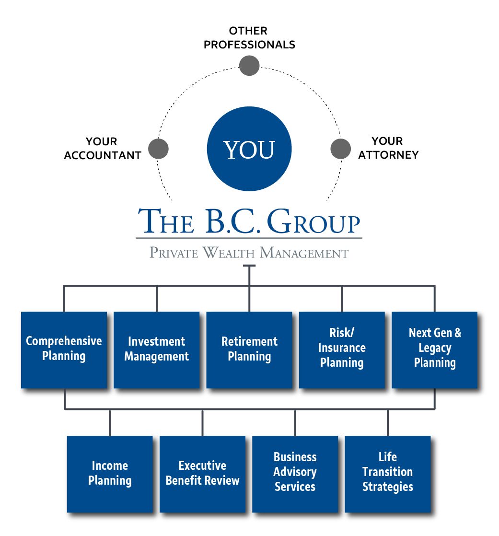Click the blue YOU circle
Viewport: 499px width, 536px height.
point(249,149)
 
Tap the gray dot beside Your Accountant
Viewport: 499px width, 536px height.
point(158,149)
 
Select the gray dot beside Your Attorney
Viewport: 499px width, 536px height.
point(341,149)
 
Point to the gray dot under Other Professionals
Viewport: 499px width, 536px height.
point(249,66)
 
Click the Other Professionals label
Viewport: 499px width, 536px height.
point(249,38)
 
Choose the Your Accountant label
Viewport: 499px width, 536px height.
point(102,149)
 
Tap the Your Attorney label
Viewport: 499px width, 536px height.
point(388,148)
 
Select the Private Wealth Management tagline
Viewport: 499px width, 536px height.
point(249,252)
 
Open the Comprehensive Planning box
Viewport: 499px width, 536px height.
point(64,349)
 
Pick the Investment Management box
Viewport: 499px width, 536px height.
point(156,349)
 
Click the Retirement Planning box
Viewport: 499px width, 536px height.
point(249,349)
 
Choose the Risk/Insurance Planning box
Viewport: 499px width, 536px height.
point(342,349)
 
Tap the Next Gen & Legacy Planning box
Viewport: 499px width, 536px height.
point(434,349)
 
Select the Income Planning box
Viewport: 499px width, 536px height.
point(110,473)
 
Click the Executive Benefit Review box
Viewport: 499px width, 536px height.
point(202,473)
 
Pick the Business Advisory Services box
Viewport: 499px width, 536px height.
point(295,473)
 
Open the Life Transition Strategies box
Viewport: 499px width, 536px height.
point(387,473)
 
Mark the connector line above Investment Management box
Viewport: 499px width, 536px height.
point(156,299)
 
